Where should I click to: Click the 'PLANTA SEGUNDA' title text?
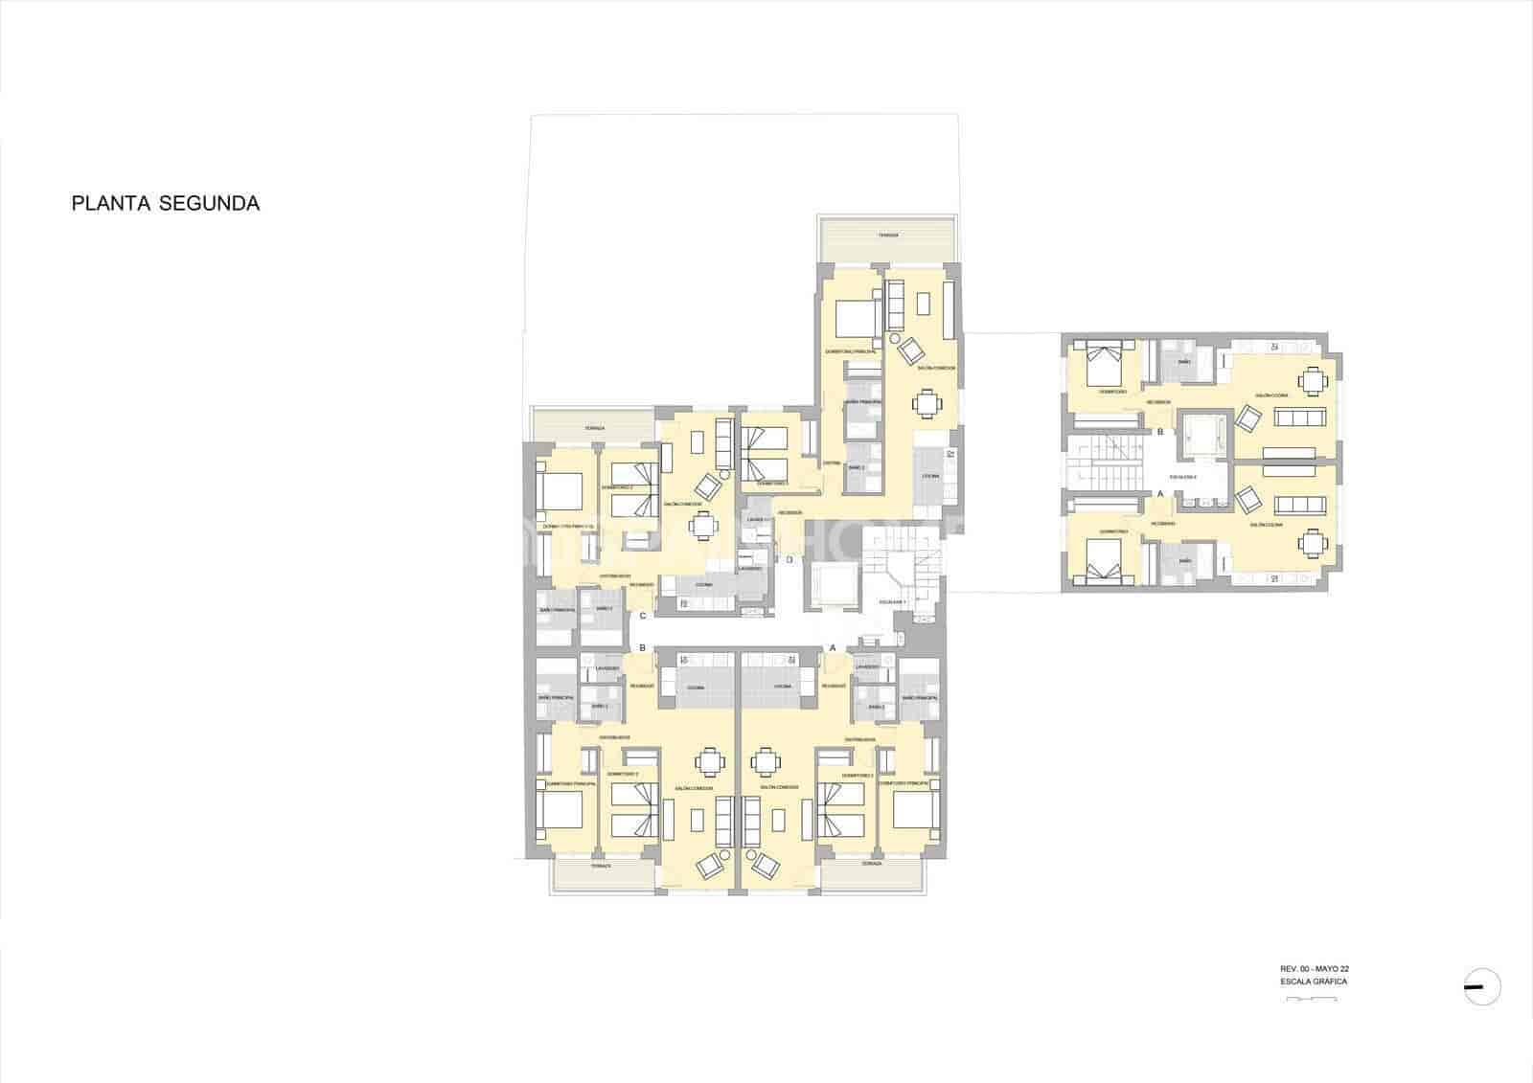(166, 204)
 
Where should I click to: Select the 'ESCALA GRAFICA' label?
(1306, 981)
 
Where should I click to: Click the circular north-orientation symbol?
(1482, 986)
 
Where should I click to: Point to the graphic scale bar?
(1312, 999)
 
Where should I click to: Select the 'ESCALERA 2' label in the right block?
(1183, 476)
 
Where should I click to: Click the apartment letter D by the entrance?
(789, 560)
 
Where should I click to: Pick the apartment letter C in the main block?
(643, 617)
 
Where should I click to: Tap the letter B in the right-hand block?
(1160, 433)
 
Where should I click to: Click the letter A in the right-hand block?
(1160, 494)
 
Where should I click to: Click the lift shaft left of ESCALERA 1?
(832, 585)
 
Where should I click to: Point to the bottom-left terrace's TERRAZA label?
(601, 865)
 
